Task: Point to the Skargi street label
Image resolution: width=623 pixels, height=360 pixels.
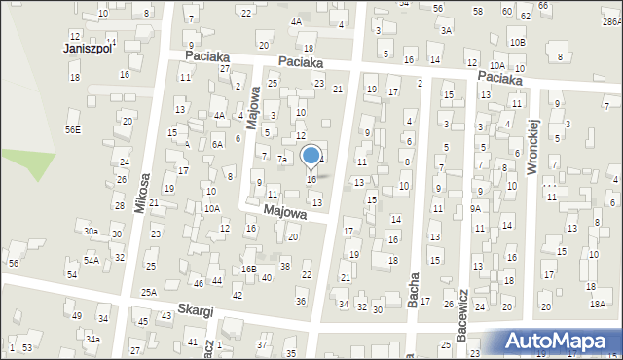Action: (195, 312)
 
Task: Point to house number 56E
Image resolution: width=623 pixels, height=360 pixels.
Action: (73, 129)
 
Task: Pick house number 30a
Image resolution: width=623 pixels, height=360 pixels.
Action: (91, 232)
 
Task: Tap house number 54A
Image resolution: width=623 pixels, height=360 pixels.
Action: (92, 260)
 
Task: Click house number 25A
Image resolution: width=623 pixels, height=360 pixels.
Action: (148, 292)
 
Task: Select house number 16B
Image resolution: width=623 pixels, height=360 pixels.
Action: (249, 268)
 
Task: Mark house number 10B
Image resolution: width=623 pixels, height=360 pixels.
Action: (516, 43)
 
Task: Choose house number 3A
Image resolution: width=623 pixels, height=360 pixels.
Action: (446, 30)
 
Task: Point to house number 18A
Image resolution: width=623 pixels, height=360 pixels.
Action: (597, 304)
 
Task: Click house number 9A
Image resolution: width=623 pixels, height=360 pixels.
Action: (476, 208)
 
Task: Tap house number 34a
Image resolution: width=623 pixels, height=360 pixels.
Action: (92, 339)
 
